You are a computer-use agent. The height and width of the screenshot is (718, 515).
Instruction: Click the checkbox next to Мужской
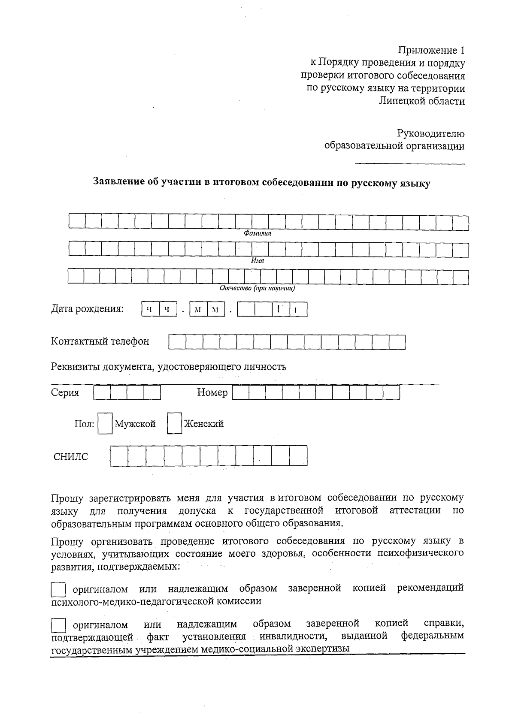(105, 424)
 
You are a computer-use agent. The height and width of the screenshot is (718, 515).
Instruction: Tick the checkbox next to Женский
(174, 424)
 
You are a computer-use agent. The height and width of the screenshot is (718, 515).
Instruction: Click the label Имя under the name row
(257, 261)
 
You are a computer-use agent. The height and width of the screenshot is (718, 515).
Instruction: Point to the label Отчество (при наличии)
(257, 288)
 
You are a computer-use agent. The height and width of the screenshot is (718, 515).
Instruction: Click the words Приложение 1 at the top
(431, 51)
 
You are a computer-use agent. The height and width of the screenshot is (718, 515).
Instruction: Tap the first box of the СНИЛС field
(119, 456)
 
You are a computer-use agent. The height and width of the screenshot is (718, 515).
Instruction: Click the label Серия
(65, 392)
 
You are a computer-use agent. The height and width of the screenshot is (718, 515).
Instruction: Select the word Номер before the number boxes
(212, 392)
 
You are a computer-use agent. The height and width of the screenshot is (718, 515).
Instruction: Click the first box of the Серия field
(102, 393)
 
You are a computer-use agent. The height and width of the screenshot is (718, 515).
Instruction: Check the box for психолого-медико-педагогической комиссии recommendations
(58, 589)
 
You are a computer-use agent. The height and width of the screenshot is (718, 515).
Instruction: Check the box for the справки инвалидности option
(58, 624)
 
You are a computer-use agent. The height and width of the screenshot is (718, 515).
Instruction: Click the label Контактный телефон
(100, 341)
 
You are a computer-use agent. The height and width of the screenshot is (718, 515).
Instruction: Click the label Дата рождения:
(88, 309)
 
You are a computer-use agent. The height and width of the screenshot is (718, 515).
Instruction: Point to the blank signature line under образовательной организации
(410, 163)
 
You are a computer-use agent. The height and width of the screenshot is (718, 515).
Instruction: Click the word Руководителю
(430, 134)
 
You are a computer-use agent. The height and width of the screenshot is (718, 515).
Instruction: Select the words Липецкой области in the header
(422, 101)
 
